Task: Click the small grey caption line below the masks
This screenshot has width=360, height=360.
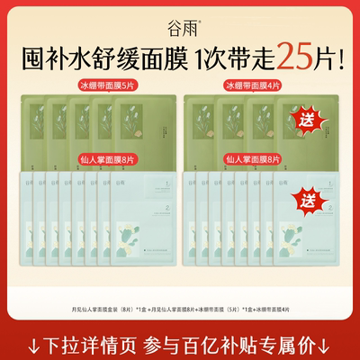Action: point(179,308)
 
